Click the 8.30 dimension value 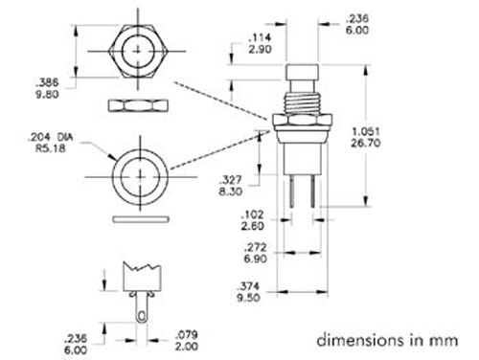tap(230, 192)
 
